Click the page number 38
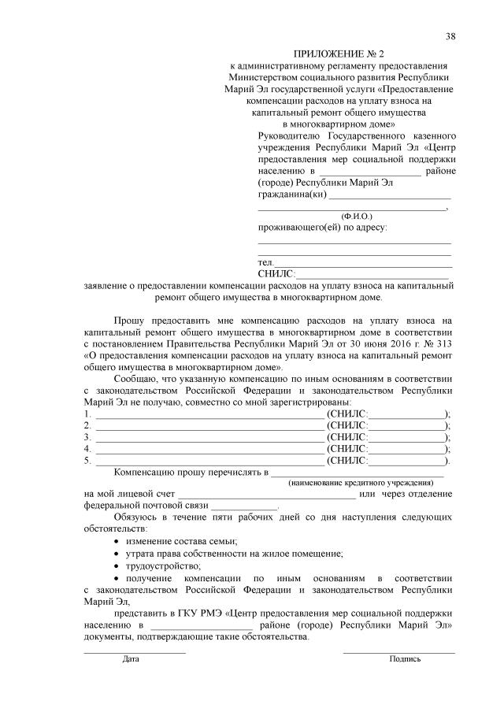pos(450,37)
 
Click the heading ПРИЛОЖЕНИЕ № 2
pos(339,54)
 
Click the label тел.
pos(265,261)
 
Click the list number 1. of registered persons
pos(87,413)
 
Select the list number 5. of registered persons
pos(87,461)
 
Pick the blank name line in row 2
pos(209,426)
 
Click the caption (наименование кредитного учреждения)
pos(361,482)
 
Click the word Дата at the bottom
pos(131,658)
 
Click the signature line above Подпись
pos(398,651)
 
